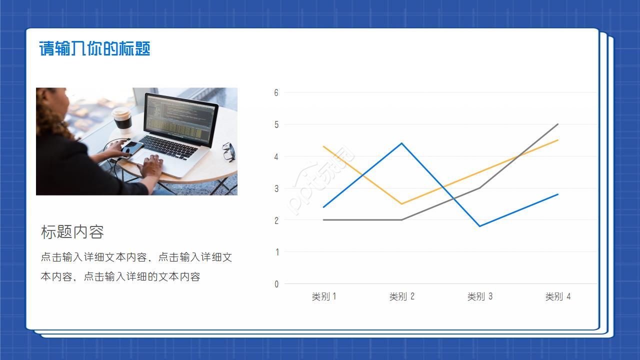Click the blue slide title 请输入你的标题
pyautogui.click(x=94, y=49)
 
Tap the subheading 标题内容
pyautogui.click(x=72, y=232)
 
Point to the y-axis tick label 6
pyautogui.click(x=276, y=92)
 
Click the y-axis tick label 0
pyautogui.click(x=276, y=284)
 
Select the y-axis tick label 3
pyautogui.click(x=276, y=188)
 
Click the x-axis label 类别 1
pyautogui.click(x=324, y=296)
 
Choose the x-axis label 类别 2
pyautogui.click(x=402, y=296)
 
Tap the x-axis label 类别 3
pyautogui.click(x=480, y=296)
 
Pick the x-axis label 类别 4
pyautogui.click(x=558, y=296)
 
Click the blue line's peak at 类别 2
pyautogui.click(x=402, y=143)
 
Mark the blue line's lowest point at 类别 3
pyautogui.click(x=480, y=226)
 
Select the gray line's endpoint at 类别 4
pyautogui.click(x=558, y=124)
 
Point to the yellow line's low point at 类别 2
pyautogui.click(x=402, y=204)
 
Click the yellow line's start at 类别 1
pyautogui.click(x=324, y=146)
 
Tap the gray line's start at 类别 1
pyautogui.click(x=324, y=220)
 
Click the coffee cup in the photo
pyautogui.click(x=122, y=118)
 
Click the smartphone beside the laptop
pyautogui.click(x=132, y=147)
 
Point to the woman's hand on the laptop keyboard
pyautogui.click(x=151, y=164)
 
